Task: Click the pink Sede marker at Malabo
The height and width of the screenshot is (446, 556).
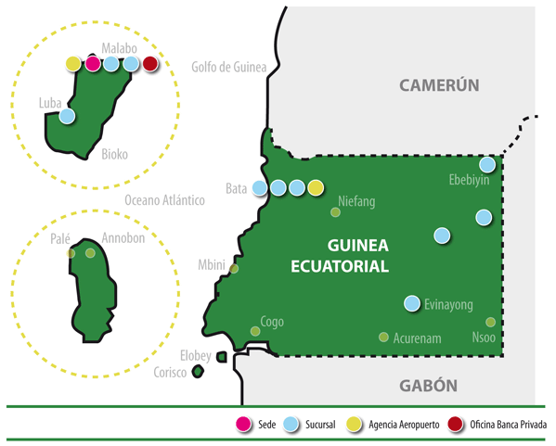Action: [x=93, y=64]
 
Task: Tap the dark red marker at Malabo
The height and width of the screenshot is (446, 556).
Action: [x=150, y=64]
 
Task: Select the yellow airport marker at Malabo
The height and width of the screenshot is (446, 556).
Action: [x=73, y=64]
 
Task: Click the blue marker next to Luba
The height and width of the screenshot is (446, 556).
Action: [x=67, y=116]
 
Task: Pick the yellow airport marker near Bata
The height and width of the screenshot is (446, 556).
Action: [x=316, y=187]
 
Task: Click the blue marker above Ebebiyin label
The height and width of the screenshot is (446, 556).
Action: [x=487, y=164]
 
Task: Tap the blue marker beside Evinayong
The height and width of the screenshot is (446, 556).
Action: [x=412, y=303]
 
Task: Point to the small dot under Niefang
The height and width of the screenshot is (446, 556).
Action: [x=335, y=212]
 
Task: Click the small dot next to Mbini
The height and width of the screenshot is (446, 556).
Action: [x=234, y=269]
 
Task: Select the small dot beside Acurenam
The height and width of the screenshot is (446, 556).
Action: [x=383, y=337]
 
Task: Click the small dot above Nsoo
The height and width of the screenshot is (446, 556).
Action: [x=490, y=322]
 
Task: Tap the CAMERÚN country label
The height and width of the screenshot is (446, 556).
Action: [x=439, y=85]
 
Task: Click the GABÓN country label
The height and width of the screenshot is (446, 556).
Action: [x=428, y=386]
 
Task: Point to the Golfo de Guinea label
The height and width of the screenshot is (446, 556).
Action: [x=229, y=67]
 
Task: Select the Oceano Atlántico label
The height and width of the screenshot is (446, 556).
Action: [x=164, y=200]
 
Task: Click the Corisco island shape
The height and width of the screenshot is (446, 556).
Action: [x=198, y=372]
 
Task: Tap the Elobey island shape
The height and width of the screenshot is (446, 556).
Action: [x=222, y=357]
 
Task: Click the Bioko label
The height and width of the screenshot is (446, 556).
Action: [x=114, y=155]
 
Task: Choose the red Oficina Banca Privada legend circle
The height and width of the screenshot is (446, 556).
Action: [x=456, y=424]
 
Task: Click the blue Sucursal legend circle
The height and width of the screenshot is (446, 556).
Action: [x=291, y=424]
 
